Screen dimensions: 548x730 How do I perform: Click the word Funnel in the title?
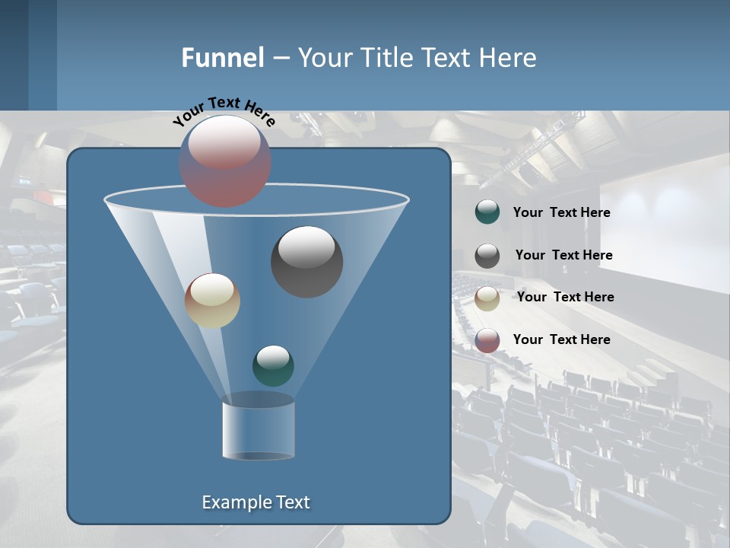pyautogui.click(x=222, y=58)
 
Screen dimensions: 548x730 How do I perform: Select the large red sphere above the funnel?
pyautogui.click(x=225, y=161)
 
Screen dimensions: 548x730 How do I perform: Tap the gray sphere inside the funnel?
pyautogui.click(x=306, y=262)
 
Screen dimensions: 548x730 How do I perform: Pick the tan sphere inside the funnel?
pyautogui.click(x=212, y=301)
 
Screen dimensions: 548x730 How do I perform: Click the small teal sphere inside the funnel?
pyautogui.click(x=273, y=365)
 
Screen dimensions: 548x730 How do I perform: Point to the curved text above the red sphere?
pyautogui.click(x=224, y=110)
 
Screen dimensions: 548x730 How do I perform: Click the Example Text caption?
pyautogui.click(x=255, y=502)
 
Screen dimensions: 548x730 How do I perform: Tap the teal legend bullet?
pyautogui.click(x=487, y=212)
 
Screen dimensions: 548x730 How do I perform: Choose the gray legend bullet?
pyautogui.click(x=487, y=255)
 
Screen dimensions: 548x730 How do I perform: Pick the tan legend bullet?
pyautogui.click(x=487, y=298)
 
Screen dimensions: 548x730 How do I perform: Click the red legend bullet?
pyautogui.click(x=487, y=340)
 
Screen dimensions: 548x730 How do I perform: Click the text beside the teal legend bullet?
pyautogui.click(x=561, y=212)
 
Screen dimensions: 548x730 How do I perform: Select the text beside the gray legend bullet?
pyautogui.click(x=563, y=255)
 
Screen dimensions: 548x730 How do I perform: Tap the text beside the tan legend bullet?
pyautogui.click(x=565, y=297)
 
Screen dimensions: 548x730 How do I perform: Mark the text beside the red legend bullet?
pyautogui.click(x=561, y=339)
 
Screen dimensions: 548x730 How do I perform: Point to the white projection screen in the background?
pyautogui.click(x=669, y=221)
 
